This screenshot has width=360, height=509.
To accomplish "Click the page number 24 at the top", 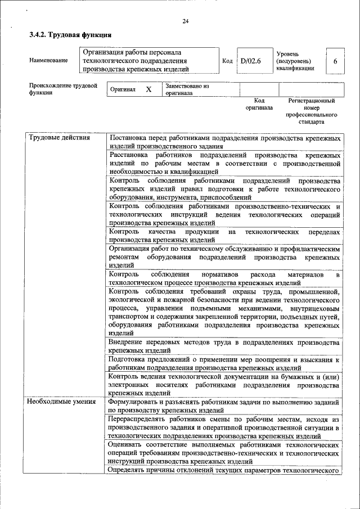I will point(186,21).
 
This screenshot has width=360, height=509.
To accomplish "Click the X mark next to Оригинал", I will point(148,89).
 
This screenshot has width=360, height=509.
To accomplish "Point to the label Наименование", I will point(48,61).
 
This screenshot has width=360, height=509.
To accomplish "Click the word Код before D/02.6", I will point(227,61).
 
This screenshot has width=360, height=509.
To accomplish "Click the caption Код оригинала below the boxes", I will point(259,103).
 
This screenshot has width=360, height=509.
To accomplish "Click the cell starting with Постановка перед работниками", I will point(225,142).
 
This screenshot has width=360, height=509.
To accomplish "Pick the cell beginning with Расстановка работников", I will point(225,163).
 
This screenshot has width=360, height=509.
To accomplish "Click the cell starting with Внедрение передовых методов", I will point(225,346).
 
